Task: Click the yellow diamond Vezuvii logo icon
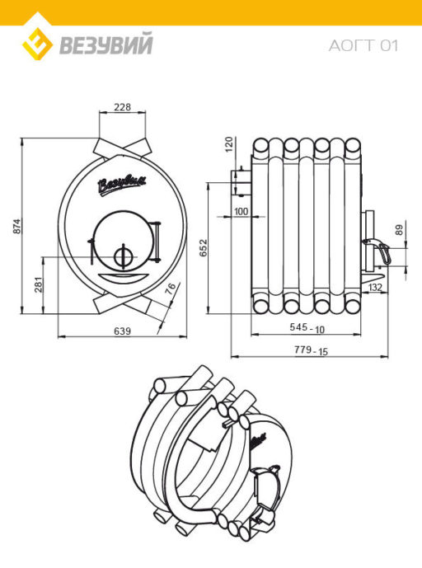[37, 44]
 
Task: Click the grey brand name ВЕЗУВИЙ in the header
[105, 45]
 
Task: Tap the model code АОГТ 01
[363, 45]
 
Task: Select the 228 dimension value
[123, 107]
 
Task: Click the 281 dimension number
[39, 284]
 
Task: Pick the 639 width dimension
[123, 331]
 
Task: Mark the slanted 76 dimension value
[171, 287]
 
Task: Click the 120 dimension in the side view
[229, 144]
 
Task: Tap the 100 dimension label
[241, 211]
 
